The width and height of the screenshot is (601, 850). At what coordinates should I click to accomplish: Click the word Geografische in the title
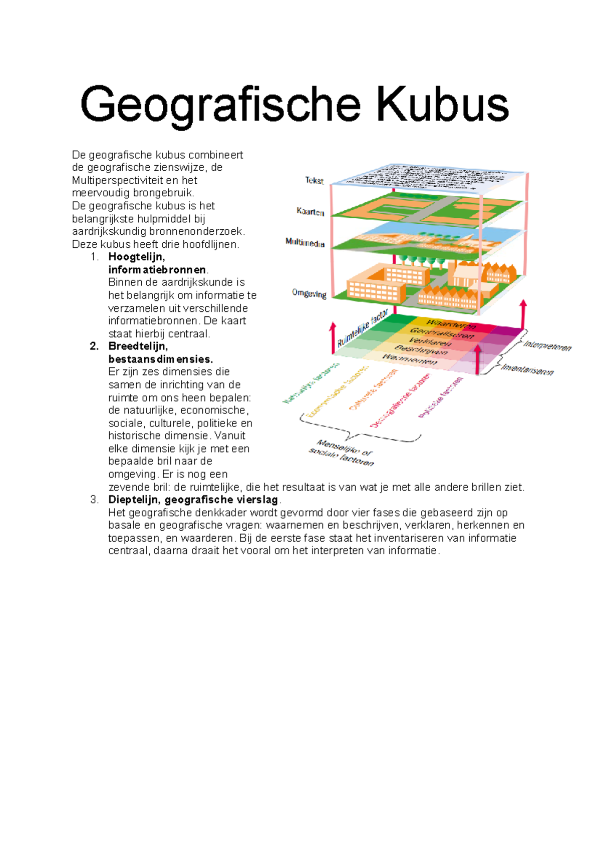tap(220, 104)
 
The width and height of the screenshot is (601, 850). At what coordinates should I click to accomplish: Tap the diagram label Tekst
tap(315, 181)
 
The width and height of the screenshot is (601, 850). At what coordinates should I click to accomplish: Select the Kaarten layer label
tap(311, 212)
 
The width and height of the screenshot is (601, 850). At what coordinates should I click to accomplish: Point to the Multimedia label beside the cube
tap(305, 243)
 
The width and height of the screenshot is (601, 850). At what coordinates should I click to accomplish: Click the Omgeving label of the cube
tap(309, 294)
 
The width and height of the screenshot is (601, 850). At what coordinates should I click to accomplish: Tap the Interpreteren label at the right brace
tap(547, 346)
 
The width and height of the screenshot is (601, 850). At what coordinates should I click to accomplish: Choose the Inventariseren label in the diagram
tap(528, 370)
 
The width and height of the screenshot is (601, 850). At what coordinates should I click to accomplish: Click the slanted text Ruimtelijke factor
tap(363, 328)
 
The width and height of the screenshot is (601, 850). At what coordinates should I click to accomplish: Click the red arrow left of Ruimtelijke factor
tap(333, 337)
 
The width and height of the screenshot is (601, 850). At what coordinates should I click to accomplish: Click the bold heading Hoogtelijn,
tap(136, 257)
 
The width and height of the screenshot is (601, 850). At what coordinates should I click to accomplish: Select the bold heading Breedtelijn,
tap(138, 346)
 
